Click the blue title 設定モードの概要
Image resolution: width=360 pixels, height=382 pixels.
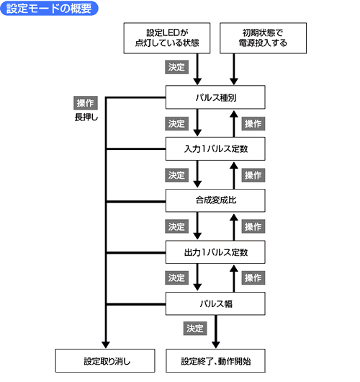[x=49, y=8]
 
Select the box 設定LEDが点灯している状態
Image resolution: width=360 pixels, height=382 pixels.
[x=167, y=38]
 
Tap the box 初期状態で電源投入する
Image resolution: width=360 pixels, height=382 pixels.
[x=263, y=38]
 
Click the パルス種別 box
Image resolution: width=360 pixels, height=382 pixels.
[x=215, y=97]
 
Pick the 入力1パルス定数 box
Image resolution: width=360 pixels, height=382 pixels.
[x=215, y=149]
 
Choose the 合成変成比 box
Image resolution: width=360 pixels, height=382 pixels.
[x=215, y=200]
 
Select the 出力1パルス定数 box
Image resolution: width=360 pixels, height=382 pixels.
[x=215, y=252]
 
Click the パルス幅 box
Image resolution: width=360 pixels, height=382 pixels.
[x=215, y=303]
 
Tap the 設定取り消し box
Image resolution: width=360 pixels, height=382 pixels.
[x=105, y=361]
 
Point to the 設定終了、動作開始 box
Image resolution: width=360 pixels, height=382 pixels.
[x=216, y=361]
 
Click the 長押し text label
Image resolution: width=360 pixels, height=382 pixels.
[x=86, y=117]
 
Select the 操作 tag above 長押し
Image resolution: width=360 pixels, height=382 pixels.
[x=86, y=103]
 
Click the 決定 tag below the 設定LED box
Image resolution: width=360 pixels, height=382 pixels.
[x=177, y=67]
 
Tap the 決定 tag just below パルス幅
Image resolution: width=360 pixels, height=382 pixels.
[x=195, y=329]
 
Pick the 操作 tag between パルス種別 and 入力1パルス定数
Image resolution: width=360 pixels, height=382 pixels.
[x=253, y=124]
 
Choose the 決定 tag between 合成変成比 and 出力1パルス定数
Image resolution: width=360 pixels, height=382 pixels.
[x=177, y=226]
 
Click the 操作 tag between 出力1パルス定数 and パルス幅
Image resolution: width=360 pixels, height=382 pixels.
[x=253, y=277]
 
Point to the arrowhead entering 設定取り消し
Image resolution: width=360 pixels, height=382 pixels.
[x=106, y=345]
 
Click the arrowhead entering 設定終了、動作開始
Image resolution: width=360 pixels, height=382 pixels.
[x=216, y=345]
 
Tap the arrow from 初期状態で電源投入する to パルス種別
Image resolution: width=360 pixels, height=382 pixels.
[x=234, y=69]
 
